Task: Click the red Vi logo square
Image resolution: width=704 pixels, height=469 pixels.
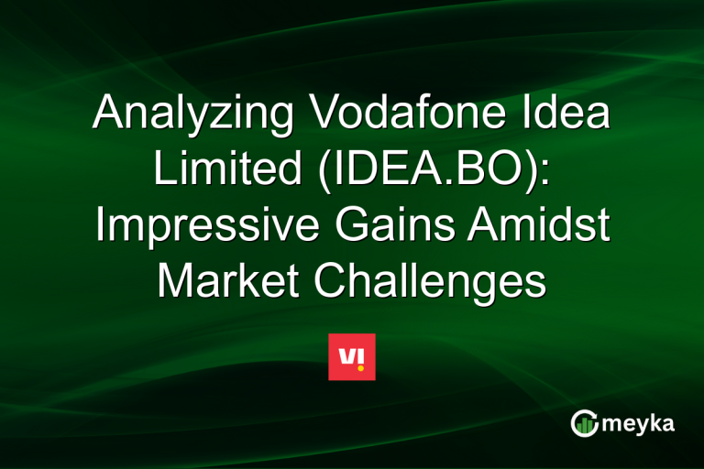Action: point(352,356)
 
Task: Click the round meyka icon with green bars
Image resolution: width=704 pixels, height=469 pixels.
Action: point(584,423)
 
